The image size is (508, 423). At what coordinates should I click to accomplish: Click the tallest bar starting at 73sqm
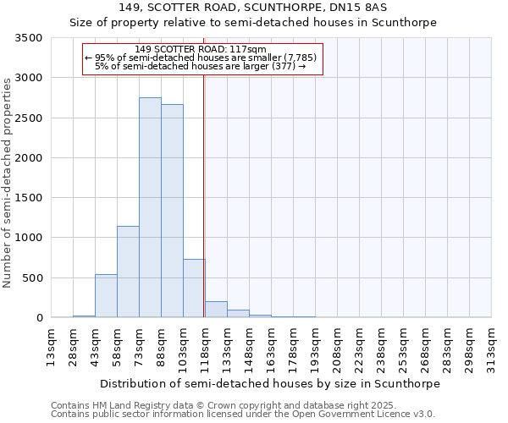150,207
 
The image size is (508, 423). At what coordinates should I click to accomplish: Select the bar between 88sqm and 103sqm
172,211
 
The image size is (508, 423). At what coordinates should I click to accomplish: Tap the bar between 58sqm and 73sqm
128,272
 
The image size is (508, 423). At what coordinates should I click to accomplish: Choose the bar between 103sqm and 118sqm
194,288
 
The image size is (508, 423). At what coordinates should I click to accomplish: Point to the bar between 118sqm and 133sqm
216,310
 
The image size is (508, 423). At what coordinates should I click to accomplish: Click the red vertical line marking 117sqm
204,195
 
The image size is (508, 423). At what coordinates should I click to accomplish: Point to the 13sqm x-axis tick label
51,345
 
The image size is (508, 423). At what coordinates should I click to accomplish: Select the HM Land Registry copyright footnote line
218,405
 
